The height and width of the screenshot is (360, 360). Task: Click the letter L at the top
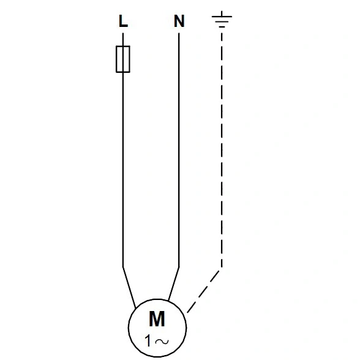point(123,21)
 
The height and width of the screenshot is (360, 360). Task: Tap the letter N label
point(179,21)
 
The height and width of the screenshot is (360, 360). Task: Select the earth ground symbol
point(222,20)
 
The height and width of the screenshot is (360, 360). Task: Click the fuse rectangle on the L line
point(123,59)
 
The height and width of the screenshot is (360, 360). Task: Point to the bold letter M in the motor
point(157,319)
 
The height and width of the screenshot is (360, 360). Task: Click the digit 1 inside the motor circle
point(148,340)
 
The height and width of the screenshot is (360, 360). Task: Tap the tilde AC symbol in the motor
point(162,342)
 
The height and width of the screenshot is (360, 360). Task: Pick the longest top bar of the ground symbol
point(222,17)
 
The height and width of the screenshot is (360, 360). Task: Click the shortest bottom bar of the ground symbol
point(222,27)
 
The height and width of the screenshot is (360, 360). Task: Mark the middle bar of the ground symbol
point(222,22)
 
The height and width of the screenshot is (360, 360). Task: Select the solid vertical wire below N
point(179,150)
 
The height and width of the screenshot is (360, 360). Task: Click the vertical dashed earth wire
point(222,151)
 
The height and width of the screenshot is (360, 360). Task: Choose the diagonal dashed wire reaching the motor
point(204,291)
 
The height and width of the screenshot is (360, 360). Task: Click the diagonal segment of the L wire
point(129,288)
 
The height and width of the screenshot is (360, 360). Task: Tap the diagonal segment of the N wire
point(174,284)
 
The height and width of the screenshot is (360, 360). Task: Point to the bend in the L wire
point(123,267)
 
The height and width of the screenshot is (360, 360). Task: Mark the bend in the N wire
point(179,267)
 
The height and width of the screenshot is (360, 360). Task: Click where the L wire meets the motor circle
point(135,308)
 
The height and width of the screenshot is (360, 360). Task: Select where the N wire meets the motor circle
point(169,301)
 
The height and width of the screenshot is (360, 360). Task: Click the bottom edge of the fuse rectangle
point(123,72)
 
